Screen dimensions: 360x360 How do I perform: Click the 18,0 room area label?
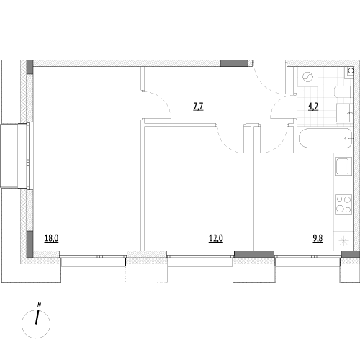point(51,238)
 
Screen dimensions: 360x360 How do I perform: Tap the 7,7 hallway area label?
point(198,106)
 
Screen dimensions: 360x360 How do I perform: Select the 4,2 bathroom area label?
point(313,106)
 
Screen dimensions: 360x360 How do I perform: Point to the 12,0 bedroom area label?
point(216,238)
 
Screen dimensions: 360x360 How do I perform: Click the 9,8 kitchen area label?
point(318,238)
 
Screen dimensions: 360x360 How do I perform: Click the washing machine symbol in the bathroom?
point(307,77)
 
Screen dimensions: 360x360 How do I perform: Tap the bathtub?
point(325,138)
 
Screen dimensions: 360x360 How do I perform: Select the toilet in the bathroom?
point(343,91)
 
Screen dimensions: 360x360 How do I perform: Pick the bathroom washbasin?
point(343,113)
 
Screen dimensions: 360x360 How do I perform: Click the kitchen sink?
point(343,166)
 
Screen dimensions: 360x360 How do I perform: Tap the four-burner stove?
point(343,204)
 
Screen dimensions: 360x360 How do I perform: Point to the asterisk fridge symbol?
point(343,240)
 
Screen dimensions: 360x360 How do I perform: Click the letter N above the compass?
point(39,305)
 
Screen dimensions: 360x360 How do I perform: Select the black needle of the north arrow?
point(37,318)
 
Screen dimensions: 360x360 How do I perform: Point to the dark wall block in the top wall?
point(234,63)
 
